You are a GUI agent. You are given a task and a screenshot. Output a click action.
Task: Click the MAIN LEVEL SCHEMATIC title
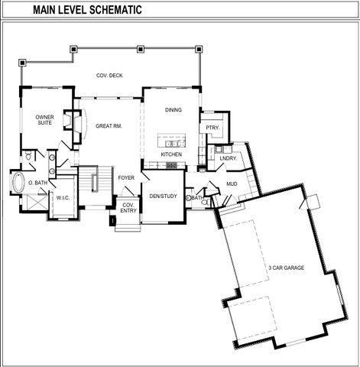[x=87, y=10]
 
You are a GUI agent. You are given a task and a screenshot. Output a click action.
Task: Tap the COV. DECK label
[x=109, y=76]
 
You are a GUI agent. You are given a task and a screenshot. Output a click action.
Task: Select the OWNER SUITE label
[x=44, y=120]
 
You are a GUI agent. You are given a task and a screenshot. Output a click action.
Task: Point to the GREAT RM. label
[x=109, y=126]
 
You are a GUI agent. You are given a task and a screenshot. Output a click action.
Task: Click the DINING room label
[x=174, y=110]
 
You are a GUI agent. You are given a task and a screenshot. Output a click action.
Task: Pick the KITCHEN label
[x=171, y=154]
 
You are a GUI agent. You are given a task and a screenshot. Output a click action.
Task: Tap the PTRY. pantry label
[x=212, y=128]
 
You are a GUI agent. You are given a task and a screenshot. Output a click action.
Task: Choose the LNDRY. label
[x=229, y=158]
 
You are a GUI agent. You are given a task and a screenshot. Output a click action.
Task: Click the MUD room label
[x=232, y=183]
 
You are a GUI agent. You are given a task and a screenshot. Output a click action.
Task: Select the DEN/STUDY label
[x=163, y=196]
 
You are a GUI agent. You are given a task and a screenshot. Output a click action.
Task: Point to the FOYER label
[x=126, y=177]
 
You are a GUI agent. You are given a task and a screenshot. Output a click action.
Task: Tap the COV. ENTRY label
[x=128, y=208]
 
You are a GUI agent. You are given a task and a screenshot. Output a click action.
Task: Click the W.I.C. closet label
[x=63, y=198]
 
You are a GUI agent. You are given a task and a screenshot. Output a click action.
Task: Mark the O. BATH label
[x=37, y=183]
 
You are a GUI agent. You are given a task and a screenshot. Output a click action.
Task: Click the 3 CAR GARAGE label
[x=287, y=268]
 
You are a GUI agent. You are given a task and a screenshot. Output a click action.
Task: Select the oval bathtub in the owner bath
[x=18, y=182]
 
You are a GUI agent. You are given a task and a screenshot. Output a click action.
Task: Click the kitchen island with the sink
[x=171, y=140]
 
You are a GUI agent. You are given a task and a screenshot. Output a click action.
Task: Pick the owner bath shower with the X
[x=37, y=203]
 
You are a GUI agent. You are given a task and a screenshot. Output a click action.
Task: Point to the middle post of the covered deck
[x=141, y=49]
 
